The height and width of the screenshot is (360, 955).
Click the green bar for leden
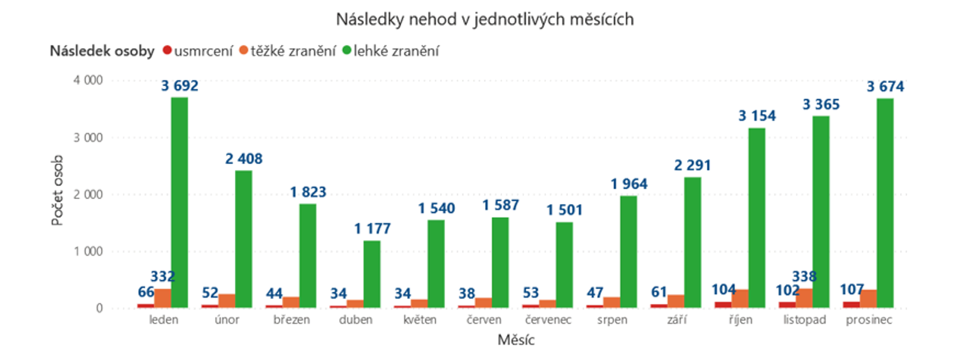(x=179, y=203)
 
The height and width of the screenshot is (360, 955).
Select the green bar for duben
(x=372, y=274)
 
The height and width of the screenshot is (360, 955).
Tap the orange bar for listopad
(x=804, y=298)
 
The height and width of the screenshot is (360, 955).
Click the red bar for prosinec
(x=851, y=305)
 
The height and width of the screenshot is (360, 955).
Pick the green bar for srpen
(x=628, y=252)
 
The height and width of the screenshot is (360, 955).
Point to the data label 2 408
(x=244, y=159)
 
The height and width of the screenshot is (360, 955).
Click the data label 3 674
(x=885, y=86)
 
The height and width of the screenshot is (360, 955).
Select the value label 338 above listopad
(x=804, y=276)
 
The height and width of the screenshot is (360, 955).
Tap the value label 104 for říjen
(x=723, y=290)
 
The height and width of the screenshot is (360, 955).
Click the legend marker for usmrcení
(x=167, y=51)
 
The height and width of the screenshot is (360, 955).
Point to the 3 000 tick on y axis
(x=88, y=138)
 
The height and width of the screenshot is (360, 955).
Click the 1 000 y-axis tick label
(x=88, y=252)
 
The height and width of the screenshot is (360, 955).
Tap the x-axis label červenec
(x=548, y=320)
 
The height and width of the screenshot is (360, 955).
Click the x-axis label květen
(x=419, y=320)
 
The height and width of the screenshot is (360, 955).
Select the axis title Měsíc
(x=516, y=340)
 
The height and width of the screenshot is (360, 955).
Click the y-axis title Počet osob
(x=57, y=190)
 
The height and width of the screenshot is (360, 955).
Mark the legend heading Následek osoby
(x=102, y=51)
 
